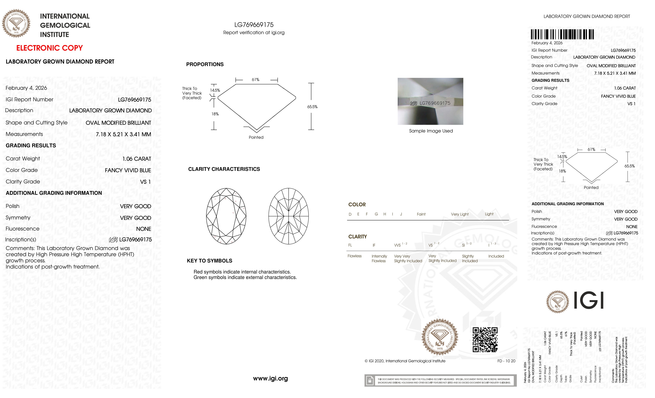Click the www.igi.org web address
[x=270, y=378]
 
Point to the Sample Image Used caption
[x=431, y=131]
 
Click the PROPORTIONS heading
[x=205, y=64]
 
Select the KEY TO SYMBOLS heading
[x=209, y=261]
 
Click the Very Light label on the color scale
[x=460, y=214]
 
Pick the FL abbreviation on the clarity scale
[x=350, y=245]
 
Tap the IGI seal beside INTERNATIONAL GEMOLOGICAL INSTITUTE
[x=16, y=23]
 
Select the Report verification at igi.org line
[x=254, y=33]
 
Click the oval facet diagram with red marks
[x=226, y=216]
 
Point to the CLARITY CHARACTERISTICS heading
[x=224, y=169]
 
